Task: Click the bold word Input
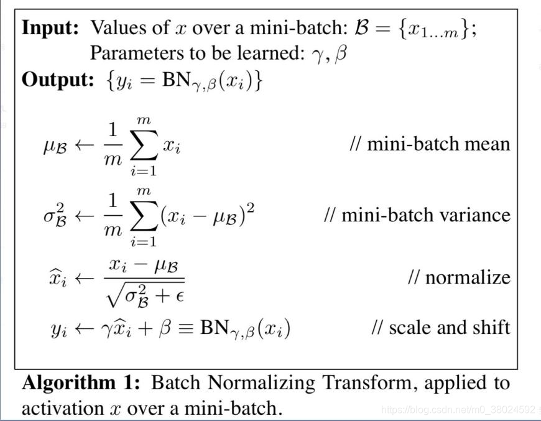53,28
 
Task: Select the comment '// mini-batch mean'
430,144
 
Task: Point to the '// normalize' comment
459,277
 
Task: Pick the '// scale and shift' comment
441,326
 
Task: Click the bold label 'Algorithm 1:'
83,382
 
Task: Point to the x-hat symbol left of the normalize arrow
56,277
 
